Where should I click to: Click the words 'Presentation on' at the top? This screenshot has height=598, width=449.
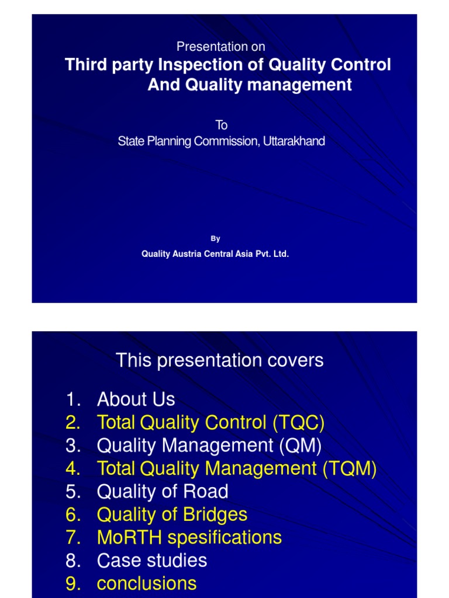(x=221, y=47)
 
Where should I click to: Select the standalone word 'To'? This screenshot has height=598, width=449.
(x=221, y=125)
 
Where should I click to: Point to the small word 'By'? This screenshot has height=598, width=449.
(x=216, y=238)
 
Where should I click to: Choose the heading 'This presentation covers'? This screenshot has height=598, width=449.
(x=219, y=360)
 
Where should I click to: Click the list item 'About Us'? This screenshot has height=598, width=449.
(x=136, y=399)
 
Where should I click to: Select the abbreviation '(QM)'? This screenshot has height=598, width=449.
(x=301, y=446)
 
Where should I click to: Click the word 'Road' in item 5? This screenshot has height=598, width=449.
(x=205, y=492)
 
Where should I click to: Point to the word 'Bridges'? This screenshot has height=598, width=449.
(x=213, y=514)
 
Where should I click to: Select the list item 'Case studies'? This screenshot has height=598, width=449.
(x=152, y=561)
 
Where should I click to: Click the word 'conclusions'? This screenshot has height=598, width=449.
(x=147, y=583)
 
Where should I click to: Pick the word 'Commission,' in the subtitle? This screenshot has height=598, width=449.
(x=223, y=141)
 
